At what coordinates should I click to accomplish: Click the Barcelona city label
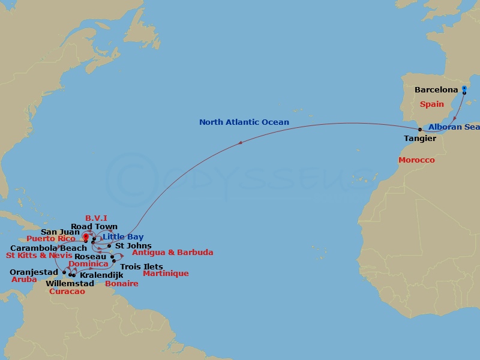point(436,90)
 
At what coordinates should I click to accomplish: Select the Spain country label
point(431,104)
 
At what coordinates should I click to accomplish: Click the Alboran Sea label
point(454,127)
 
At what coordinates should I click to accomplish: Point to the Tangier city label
point(419,138)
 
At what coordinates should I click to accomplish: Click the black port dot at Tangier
point(420,129)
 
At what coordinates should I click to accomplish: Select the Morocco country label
point(416,160)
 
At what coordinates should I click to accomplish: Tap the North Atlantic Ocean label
point(244,122)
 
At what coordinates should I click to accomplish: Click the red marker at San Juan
point(86,237)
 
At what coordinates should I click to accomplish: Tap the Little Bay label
point(123,237)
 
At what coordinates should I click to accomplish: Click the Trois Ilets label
point(141,266)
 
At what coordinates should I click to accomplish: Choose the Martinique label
point(165,274)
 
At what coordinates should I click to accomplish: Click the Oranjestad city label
point(34,272)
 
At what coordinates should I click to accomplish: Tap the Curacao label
point(67,292)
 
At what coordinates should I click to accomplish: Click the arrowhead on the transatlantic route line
point(240,143)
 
